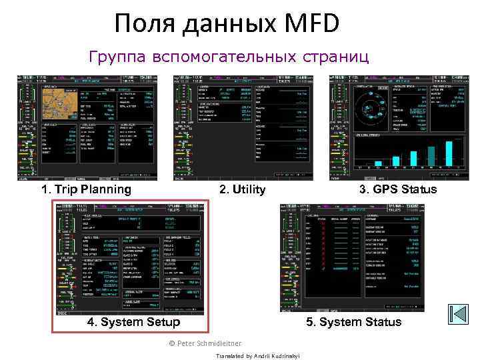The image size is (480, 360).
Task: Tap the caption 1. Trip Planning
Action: pyautogui.click(x=86, y=189)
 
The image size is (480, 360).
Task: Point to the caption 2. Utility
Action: pyautogui.click(x=243, y=189)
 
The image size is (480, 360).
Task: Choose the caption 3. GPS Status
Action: pyautogui.click(x=398, y=189)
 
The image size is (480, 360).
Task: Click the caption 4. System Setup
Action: pyautogui.click(x=133, y=322)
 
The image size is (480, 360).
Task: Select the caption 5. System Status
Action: pyautogui.click(x=353, y=322)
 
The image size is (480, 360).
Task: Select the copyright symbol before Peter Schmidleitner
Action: pyautogui.click(x=172, y=343)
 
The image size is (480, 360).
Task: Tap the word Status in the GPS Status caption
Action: pyautogui.click(x=419, y=189)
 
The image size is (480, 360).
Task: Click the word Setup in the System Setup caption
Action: pyautogui.click(x=162, y=322)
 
